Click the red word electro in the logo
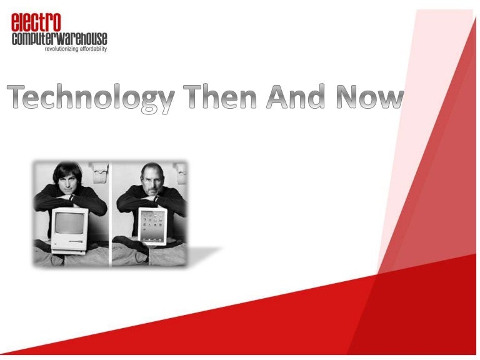coord(36,23)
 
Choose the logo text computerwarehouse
coord(60,39)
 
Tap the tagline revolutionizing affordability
coord(76,49)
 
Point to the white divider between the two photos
coord(109,212)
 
